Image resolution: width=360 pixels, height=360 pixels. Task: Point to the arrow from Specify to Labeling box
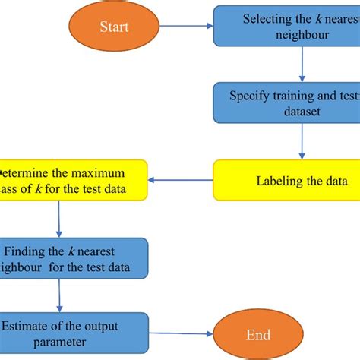[302, 143]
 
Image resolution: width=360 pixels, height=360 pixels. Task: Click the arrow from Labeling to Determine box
[182, 181]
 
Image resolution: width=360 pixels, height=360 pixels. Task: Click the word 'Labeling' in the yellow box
[279, 182]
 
